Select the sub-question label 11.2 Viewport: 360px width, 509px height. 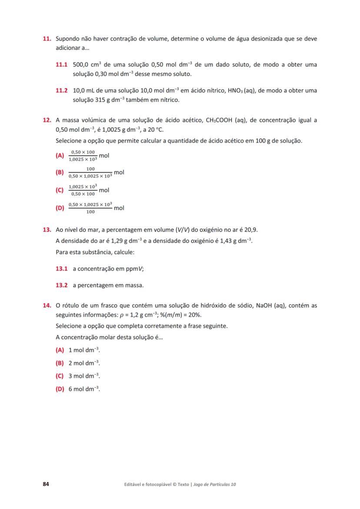click(62, 91)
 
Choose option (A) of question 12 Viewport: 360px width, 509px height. click(60, 156)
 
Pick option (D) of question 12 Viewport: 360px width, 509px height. click(60, 208)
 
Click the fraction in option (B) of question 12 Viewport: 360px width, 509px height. click(90, 173)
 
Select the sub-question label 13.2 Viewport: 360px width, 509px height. click(62, 286)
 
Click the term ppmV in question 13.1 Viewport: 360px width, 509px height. click(133, 269)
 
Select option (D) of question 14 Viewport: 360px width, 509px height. click(60, 389)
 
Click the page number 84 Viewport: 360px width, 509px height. click(46, 484)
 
